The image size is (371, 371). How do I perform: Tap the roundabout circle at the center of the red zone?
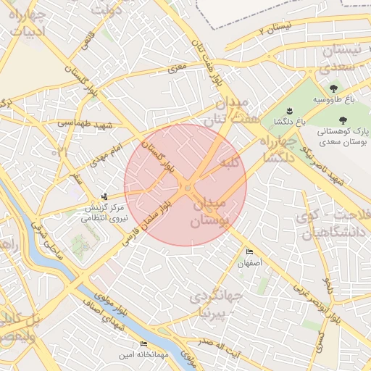tap(187, 189)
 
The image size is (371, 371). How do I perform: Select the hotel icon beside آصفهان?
tap(250, 252)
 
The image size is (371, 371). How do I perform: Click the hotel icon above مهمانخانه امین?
tap(143, 343)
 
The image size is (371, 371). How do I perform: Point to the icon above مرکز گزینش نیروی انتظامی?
tap(106, 196)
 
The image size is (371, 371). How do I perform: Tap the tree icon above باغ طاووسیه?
tap(313, 88)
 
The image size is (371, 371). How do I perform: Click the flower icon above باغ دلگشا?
tap(288, 110)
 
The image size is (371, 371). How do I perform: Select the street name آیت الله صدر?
tap(217, 346)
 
